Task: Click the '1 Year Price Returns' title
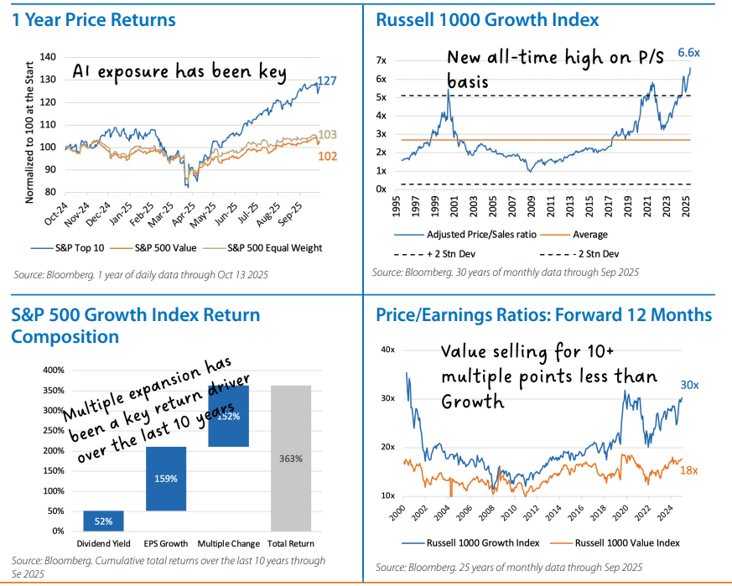click(94, 20)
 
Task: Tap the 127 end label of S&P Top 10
click(326, 82)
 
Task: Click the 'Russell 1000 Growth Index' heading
click(487, 20)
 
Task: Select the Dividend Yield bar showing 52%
click(104, 521)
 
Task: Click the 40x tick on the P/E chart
click(387, 348)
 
